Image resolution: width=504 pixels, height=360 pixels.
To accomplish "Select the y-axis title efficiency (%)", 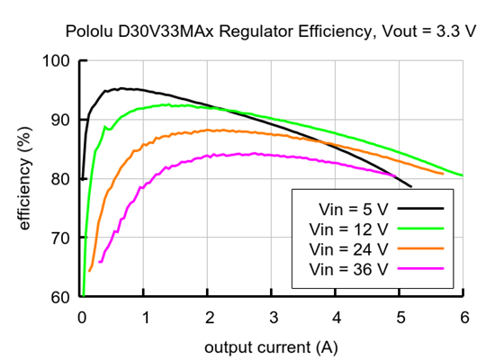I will tap(25, 179).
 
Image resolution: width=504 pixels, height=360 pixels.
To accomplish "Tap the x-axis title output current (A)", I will tap(271, 346).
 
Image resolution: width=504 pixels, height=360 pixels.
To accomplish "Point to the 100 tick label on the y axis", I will tap(56, 61).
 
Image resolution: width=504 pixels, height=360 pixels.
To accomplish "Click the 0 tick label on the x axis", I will tap(81, 317).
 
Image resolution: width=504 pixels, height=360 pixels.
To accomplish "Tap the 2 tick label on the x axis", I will tap(208, 317).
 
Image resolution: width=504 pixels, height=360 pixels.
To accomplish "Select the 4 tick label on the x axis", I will tap(336, 317).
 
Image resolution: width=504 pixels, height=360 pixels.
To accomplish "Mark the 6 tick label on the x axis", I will tap(463, 317).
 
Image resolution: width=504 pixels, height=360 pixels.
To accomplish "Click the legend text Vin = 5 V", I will tap(348, 208).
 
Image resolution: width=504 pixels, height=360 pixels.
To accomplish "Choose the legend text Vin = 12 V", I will tap(348, 228).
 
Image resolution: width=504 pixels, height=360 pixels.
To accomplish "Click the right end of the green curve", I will tap(462, 175).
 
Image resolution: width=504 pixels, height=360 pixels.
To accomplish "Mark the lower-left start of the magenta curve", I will tap(99, 262).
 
